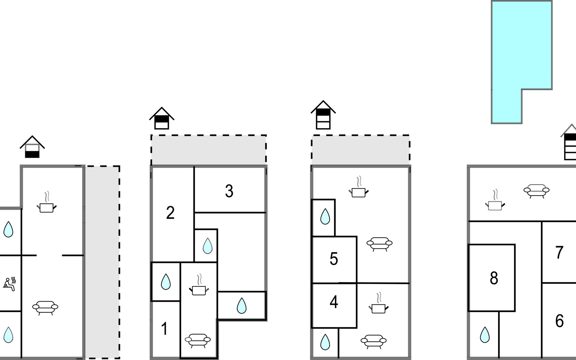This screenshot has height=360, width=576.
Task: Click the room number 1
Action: pyautogui.click(x=164, y=328)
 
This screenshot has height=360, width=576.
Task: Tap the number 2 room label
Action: pyautogui.click(x=170, y=213)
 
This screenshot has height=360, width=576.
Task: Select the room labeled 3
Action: pyautogui.click(x=229, y=191)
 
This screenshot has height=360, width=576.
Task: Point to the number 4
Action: pyautogui.click(x=334, y=302)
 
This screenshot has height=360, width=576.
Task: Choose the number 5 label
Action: pyautogui.click(x=334, y=259)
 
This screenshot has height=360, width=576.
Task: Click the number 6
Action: pyautogui.click(x=559, y=321)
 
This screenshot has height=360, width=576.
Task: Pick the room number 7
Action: pyautogui.click(x=559, y=253)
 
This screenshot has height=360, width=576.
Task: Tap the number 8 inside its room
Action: pyautogui.click(x=494, y=278)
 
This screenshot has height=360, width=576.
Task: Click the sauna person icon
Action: pyautogui.click(x=10, y=284)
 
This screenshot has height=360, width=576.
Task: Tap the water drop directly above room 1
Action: pyautogui.click(x=166, y=282)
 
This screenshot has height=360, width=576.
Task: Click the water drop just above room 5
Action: pyautogui.click(x=325, y=217)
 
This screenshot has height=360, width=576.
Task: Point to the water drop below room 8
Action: pyautogui.click(x=485, y=335)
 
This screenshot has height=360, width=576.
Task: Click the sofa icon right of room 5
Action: pyautogui.click(x=379, y=244)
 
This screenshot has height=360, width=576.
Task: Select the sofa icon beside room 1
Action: pyautogui.click(x=198, y=340)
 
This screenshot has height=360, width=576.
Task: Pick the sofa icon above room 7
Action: pyautogui.click(x=536, y=191)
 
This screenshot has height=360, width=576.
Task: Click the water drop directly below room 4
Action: pyautogui.click(x=325, y=342)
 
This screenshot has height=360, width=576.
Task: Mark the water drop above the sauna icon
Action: pyautogui.click(x=8, y=229)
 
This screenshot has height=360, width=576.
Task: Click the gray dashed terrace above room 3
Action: pyautogui.click(x=208, y=150)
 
